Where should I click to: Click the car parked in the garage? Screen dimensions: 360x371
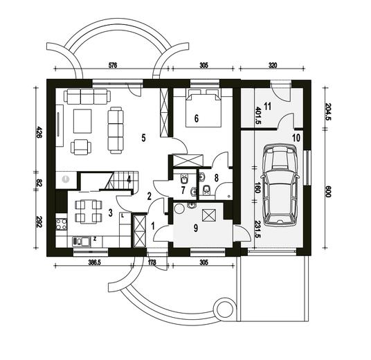click(282, 185)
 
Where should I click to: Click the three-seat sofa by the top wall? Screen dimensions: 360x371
click(81, 97)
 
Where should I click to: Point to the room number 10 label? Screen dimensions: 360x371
click(296, 138)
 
